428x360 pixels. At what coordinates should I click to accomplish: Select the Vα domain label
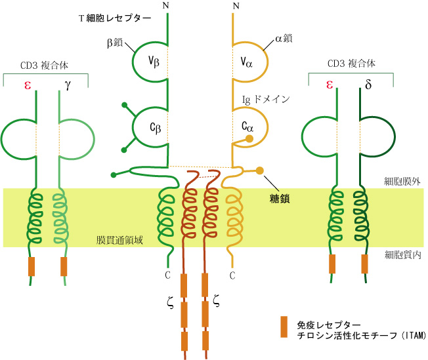tap(247, 63)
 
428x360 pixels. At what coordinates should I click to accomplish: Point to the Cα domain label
tap(247, 126)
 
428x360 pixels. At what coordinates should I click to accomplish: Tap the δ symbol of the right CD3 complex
tap(367, 85)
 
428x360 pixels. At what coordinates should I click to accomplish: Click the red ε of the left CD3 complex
tap(28, 85)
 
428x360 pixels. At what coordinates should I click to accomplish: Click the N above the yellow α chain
tap(235, 7)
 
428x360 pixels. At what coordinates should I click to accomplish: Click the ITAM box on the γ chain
tap(64, 266)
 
